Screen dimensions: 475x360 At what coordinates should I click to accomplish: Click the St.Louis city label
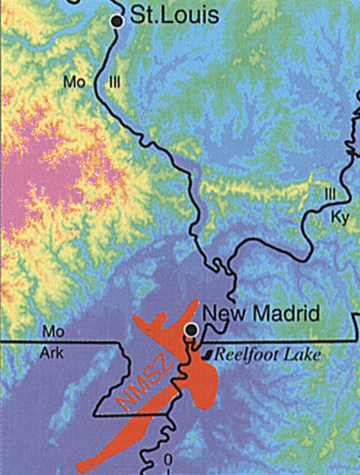click(174, 16)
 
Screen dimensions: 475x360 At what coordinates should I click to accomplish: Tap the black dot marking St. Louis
click(118, 22)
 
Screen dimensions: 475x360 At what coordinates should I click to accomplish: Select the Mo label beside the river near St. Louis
click(75, 82)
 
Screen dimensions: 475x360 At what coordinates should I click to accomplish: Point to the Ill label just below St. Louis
click(114, 82)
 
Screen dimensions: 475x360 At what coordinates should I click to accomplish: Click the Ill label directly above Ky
click(330, 195)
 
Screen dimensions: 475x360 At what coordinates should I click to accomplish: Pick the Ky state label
click(338, 216)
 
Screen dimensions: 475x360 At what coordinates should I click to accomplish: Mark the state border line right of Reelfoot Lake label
click(341, 341)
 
